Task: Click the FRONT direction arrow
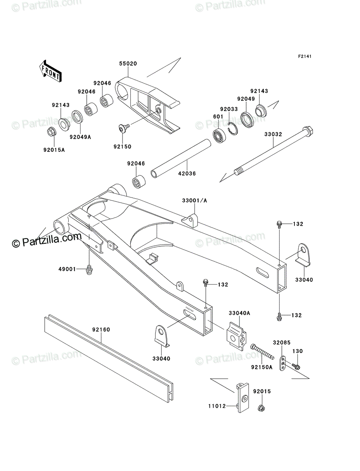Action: (x=50, y=71)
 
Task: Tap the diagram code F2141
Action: (x=305, y=57)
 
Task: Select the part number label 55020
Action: (x=128, y=64)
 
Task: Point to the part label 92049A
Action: (x=80, y=137)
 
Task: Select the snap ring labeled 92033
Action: (x=232, y=128)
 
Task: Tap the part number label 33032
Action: (x=273, y=134)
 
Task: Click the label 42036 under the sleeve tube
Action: (x=187, y=173)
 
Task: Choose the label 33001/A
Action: (x=195, y=201)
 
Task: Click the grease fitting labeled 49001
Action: (x=89, y=270)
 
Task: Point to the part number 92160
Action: (x=101, y=329)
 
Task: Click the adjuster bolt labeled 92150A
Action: (x=262, y=351)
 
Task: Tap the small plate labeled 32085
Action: (x=283, y=363)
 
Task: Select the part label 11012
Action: (x=217, y=406)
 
